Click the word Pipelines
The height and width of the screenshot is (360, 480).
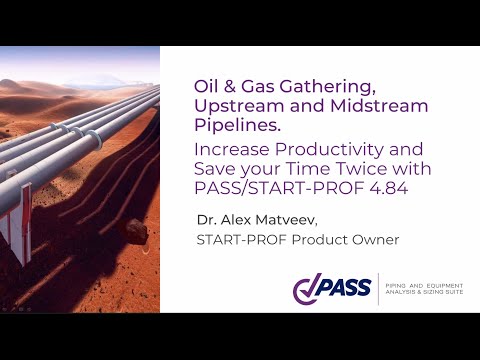point(230,125)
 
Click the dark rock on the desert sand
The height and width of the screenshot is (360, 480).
point(134,232)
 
